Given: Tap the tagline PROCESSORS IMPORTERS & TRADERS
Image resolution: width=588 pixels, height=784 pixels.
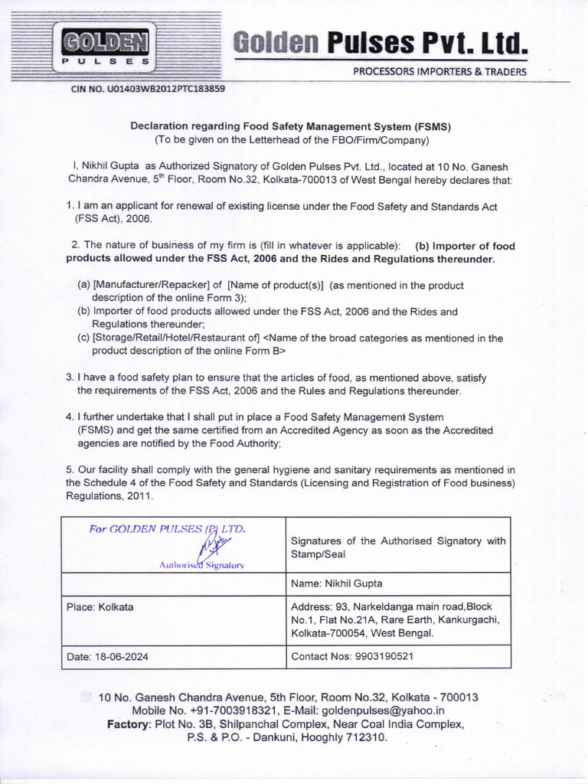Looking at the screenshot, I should tap(439, 72).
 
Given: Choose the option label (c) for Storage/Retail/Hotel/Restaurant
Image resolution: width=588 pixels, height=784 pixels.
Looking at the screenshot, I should tap(84, 338).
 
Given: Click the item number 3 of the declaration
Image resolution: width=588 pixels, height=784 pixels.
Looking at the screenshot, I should tap(69, 377).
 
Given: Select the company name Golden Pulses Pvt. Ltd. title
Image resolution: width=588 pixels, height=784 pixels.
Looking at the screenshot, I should tap(381, 43).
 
